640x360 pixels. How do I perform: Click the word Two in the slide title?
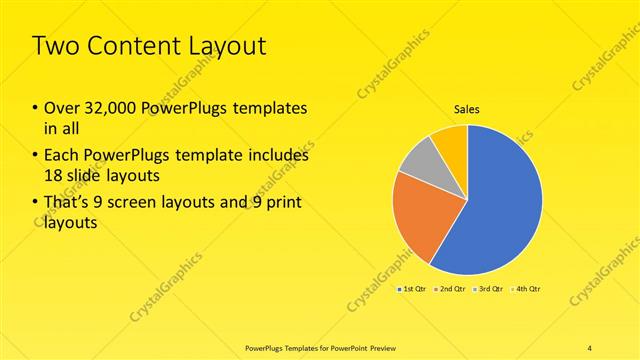click(x=56, y=46)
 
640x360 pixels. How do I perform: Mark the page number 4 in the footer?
click(x=589, y=347)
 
